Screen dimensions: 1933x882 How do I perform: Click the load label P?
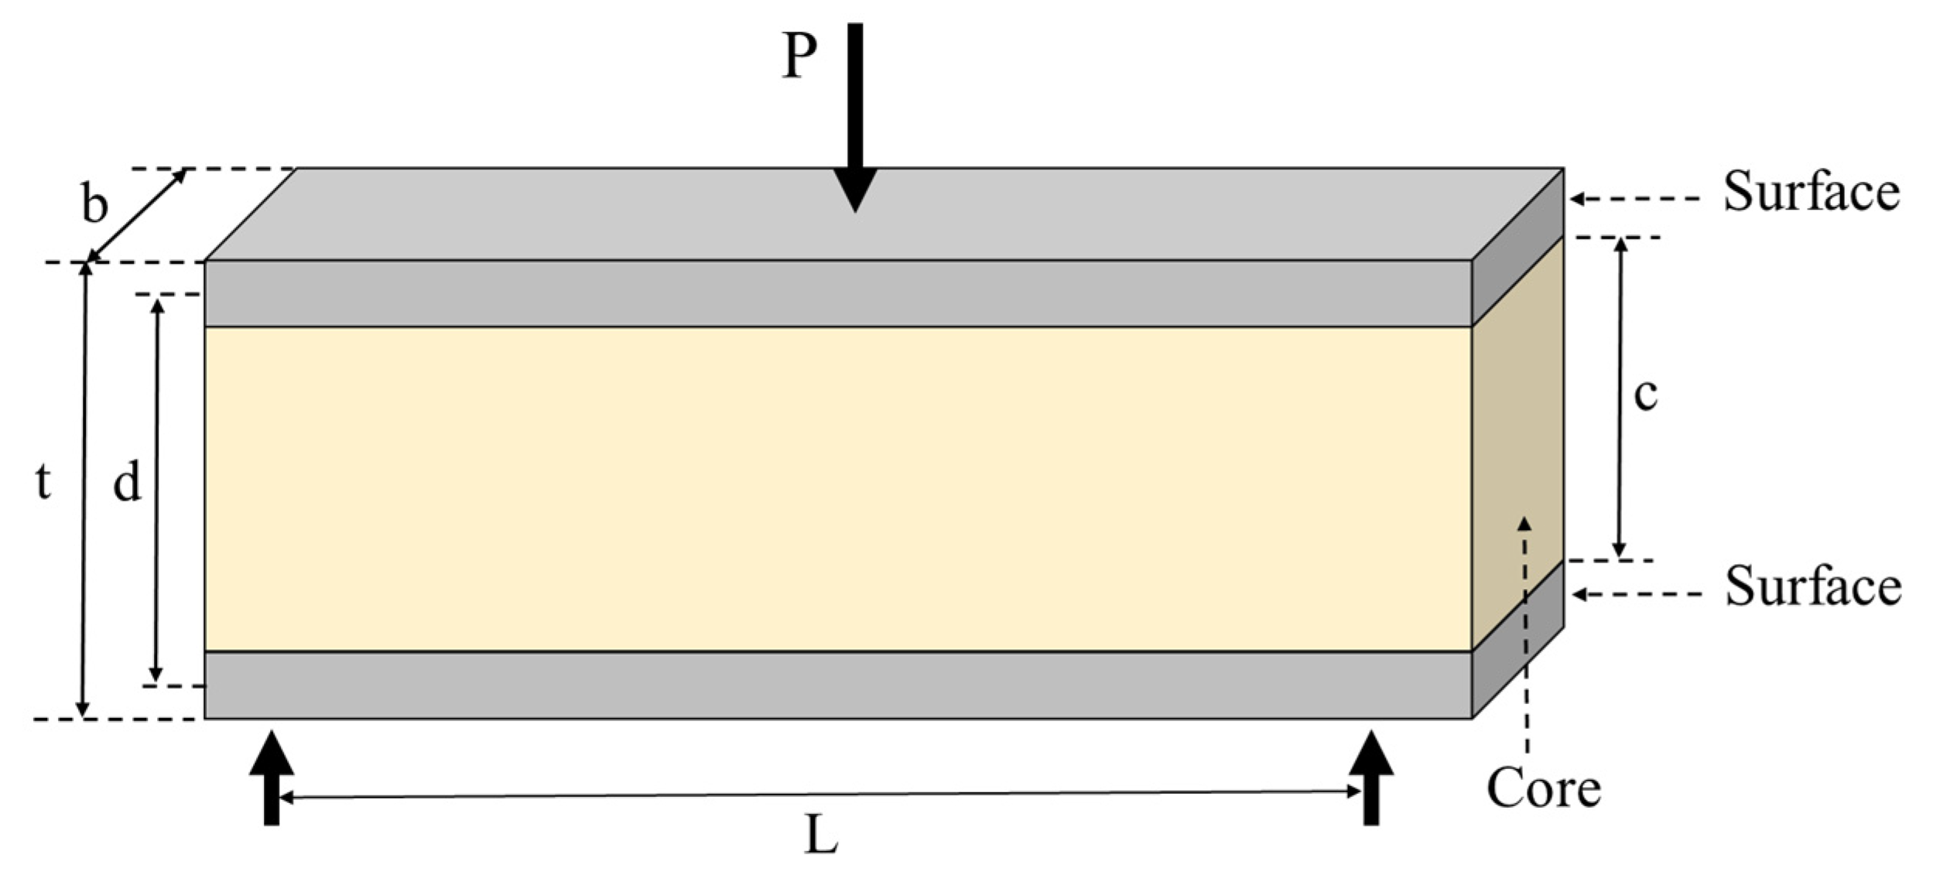(799, 56)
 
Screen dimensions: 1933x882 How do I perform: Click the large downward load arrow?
(854, 116)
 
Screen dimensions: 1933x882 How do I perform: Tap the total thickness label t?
(43, 483)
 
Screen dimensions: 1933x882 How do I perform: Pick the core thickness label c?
(1645, 395)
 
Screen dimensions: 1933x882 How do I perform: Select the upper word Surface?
(1811, 192)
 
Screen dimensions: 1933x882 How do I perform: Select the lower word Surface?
(1812, 586)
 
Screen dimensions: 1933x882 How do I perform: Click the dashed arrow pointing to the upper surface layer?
(1633, 199)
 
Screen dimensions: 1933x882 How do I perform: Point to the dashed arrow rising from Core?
(1524, 634)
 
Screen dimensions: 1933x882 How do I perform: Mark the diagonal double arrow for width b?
(137, 216)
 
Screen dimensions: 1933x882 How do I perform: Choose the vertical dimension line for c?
(1619, 398)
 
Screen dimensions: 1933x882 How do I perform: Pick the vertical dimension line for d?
(157, 490)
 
